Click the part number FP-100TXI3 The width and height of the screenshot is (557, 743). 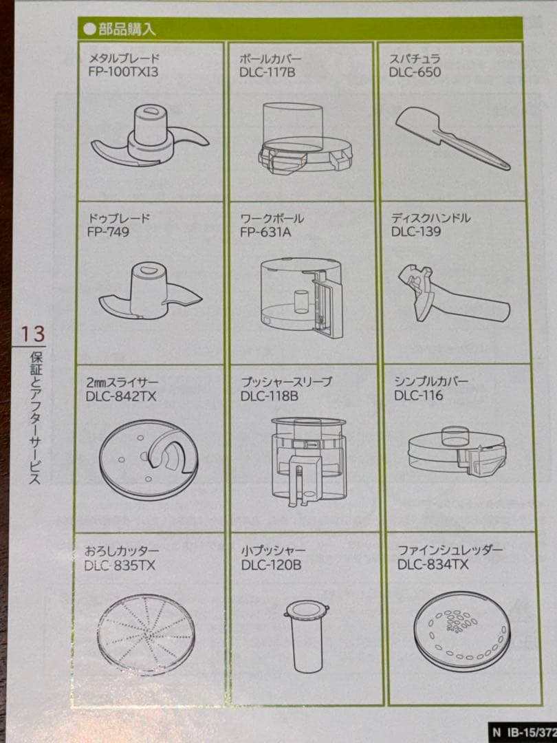point(123,72)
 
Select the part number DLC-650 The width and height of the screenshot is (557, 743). point(415,72)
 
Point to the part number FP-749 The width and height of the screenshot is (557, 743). point(108,232)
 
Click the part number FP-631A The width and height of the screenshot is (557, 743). point(265,233)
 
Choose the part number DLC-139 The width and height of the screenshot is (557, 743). point(416,231)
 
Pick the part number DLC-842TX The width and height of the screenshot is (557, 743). point(121,396)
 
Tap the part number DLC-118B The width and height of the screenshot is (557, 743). point(269,396)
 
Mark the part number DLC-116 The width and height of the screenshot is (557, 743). point(418,395)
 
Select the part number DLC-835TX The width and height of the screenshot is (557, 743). point(120,566)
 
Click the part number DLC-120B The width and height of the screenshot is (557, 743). point(271,565)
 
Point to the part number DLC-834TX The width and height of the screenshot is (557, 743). point(433,564)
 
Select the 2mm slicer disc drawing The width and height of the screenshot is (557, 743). point(149,460)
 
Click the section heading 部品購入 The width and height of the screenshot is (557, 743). point(127,30)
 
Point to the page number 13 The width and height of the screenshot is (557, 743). point(32,334)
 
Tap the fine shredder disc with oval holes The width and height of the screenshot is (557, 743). point(462,633)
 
